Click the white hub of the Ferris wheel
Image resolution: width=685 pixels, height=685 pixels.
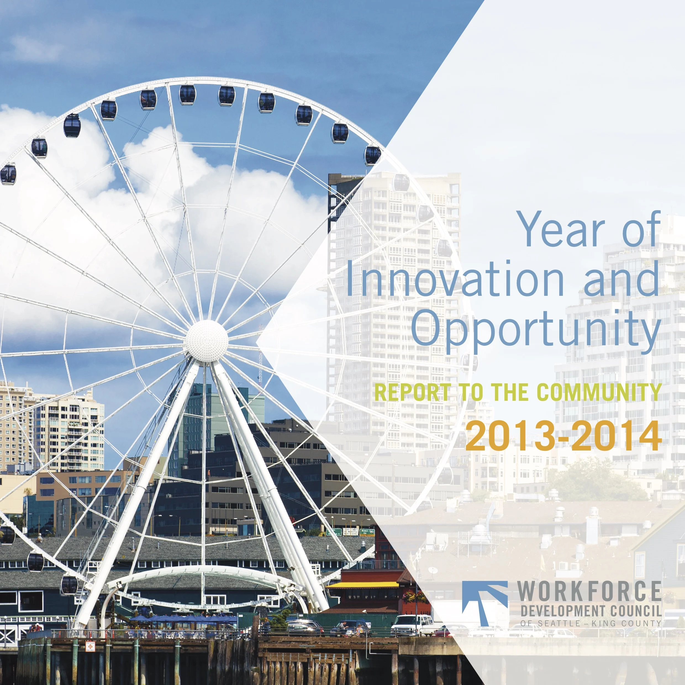[207, 341]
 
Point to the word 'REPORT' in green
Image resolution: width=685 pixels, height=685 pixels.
[412, 392]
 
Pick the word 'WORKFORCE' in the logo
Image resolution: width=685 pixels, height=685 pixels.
[589, 592]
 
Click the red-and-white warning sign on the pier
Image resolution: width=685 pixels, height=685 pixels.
[90, 646]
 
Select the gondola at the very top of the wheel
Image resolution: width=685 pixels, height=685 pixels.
[187, 95]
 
